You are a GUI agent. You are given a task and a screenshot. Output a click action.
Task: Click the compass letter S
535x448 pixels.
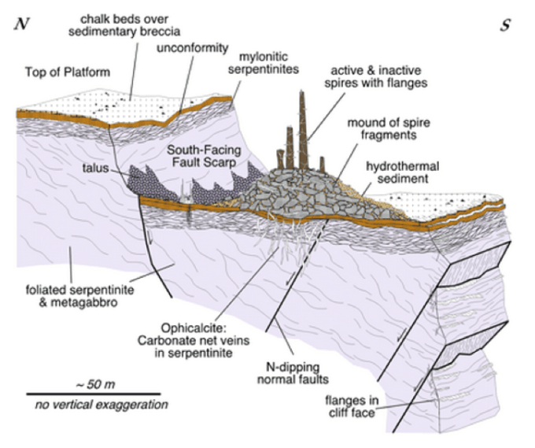pyautogui.click(x=506, y=24)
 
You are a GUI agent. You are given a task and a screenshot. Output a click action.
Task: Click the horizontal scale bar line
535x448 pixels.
pyautogui.click(x=94, y=393)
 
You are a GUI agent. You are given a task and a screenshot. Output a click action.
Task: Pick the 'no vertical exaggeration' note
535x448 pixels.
pyautogui.click(x=96, y=405)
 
